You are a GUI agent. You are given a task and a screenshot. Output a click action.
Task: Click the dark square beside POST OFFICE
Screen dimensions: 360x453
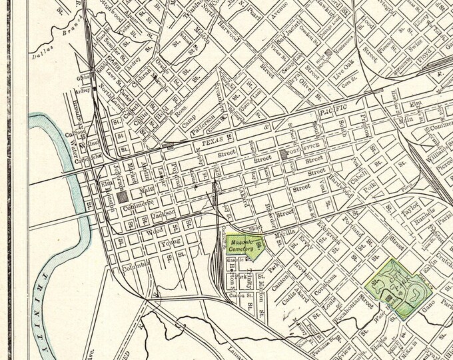284,154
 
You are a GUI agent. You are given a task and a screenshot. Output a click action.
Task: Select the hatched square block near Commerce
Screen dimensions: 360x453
122,197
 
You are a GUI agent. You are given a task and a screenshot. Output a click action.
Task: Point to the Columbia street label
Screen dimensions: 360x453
137,269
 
